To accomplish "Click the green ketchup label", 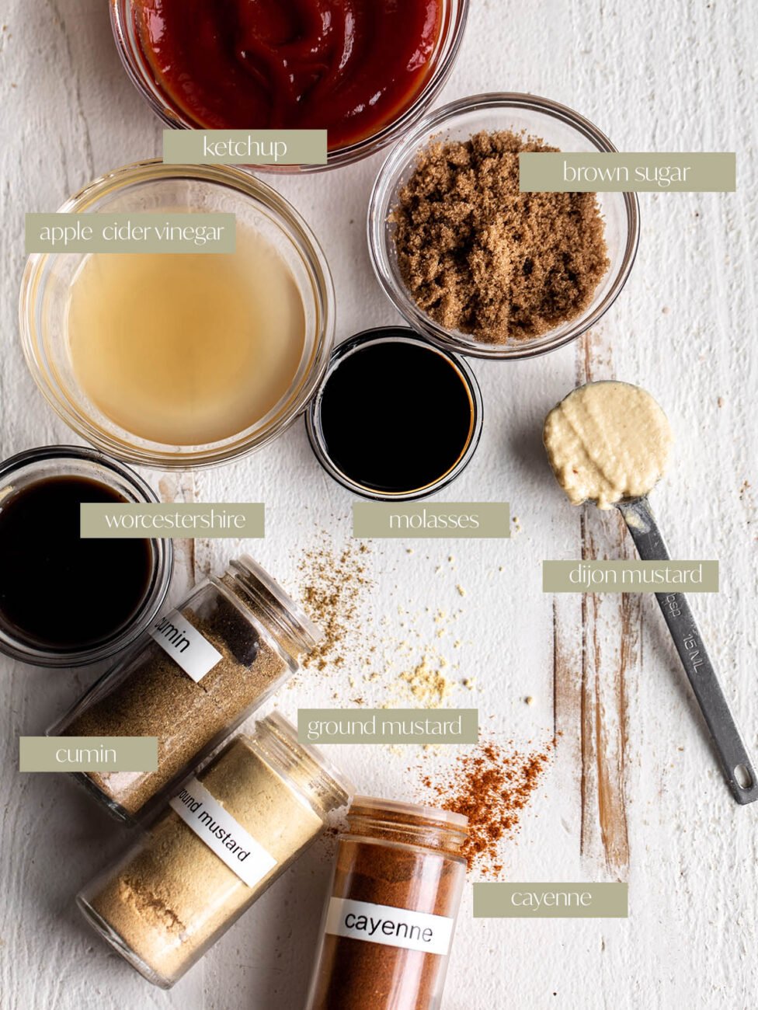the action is click(245, 147).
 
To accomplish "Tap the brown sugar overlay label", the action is click(627, 172).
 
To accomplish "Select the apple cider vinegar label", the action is click(130, 232).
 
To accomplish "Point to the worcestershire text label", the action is click(172, 520).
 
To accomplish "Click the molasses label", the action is click(432, 520).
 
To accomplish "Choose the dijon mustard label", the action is click(631, 576).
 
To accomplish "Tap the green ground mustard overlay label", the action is click(388, 726).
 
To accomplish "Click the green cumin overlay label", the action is click(89, 754).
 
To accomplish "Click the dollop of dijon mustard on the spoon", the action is click(607, 443).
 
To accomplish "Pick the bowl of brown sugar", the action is click(502, 225).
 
